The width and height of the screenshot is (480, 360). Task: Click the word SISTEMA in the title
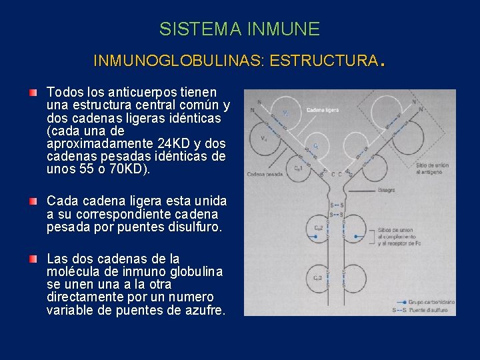(200, 29)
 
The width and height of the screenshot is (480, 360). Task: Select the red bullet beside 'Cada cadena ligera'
(33, 201)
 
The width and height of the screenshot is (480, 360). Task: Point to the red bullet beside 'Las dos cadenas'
(33, 259)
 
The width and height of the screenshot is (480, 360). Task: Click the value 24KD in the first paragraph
(173, 144)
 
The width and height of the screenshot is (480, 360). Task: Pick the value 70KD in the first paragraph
(130, 169)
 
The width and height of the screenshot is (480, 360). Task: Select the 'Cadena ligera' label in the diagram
(322, 109)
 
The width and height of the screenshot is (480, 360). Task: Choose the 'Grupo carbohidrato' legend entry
(431, 301)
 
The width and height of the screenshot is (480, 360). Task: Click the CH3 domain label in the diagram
(319, 277)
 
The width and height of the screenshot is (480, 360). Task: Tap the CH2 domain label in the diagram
(319, 229)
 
